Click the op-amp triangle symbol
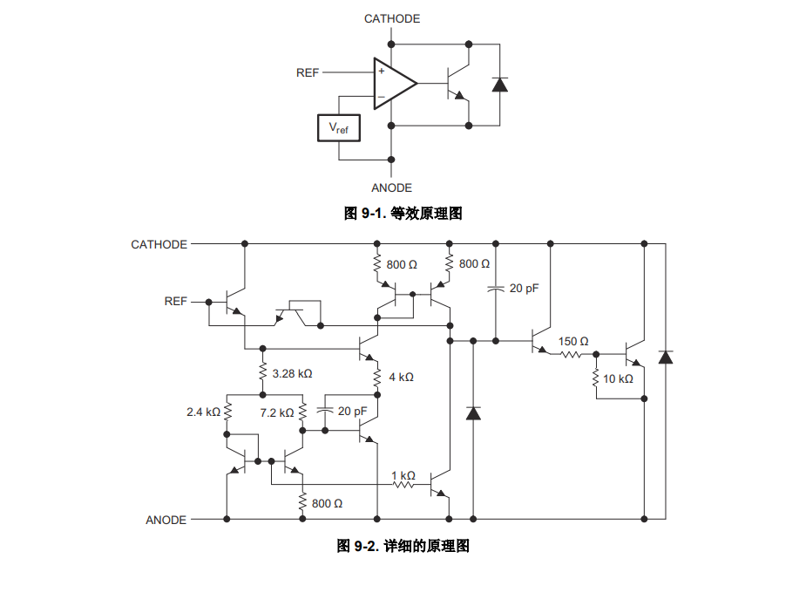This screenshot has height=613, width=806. [395, 84]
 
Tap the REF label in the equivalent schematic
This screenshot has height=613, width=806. [308, 73]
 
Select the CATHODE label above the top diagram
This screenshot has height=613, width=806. [392, 19]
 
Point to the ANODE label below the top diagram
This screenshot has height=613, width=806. [392, 187]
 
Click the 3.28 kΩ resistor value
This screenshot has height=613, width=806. [292, 374]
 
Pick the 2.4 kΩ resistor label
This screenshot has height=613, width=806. [204, 412]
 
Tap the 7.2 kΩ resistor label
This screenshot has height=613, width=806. [277, 412]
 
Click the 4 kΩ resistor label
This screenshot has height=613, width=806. [401, 377]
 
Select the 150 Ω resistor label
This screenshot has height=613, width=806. [573, 342]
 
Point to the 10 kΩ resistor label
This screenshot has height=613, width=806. [618, 379]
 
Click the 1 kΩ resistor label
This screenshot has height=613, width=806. [403, 476]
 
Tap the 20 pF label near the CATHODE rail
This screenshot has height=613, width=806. [524, 289]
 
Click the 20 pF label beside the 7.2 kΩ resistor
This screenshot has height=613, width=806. [352, 412]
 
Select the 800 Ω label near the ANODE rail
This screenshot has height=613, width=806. [327, 503]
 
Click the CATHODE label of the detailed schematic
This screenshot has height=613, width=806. [159, 245]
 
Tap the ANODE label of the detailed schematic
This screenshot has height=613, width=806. [166, 520]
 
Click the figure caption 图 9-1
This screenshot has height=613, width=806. [403, 213]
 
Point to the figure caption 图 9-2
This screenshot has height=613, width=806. [403, 546]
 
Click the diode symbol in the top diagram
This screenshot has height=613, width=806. [499, 85]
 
